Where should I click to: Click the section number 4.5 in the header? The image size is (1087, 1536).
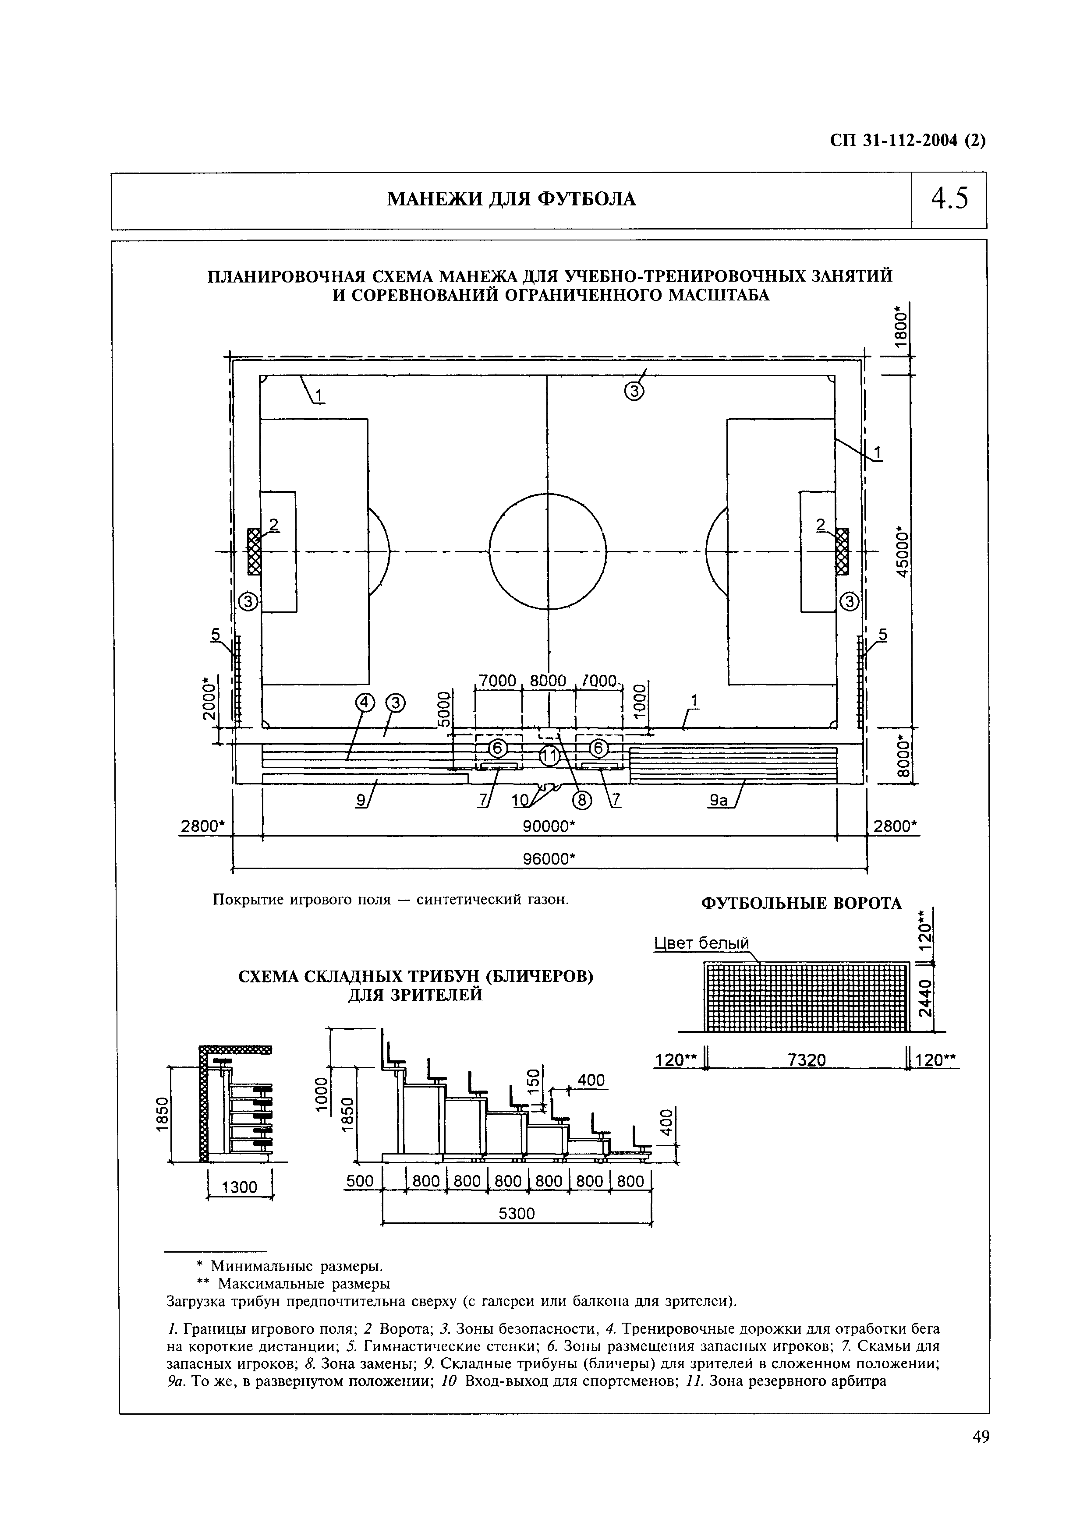949,199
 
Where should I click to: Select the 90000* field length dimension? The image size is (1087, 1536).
549,826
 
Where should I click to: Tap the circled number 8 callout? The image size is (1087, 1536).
581,800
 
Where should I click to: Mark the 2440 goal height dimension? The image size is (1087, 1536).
924,998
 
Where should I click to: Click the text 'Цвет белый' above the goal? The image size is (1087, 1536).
700,943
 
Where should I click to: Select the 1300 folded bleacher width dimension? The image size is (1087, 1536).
240,1187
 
